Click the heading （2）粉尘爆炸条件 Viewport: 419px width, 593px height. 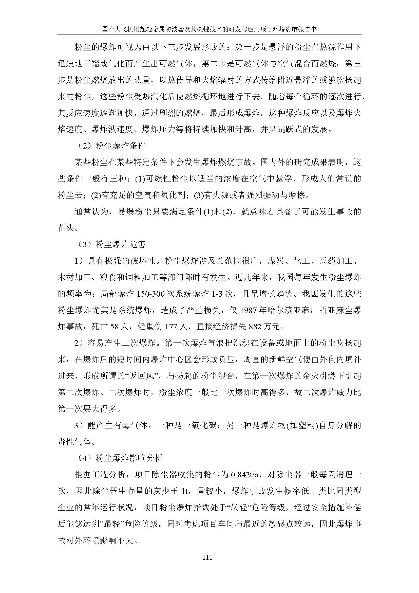[x=111, y=146]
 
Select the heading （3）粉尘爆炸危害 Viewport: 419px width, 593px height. [x=111, y=244]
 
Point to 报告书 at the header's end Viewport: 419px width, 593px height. [x=308, y=29]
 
